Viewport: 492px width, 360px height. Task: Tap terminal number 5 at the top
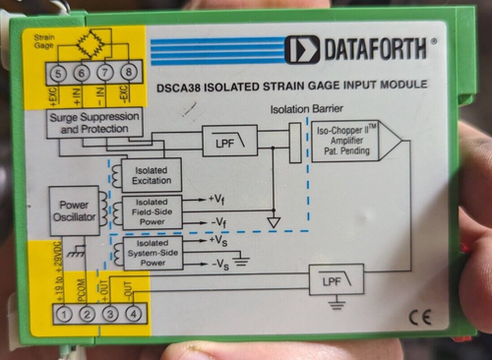[60, 74]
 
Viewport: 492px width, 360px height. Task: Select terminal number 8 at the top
[128, 74]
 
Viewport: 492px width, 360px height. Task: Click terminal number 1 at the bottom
[63, 314]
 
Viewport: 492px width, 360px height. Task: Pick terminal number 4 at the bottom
[133, 314]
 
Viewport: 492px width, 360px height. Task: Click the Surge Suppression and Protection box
[95, 122]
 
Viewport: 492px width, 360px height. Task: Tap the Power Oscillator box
[75, 209]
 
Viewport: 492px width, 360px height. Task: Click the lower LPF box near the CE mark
[337, 282]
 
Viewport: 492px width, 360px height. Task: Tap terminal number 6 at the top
[83, 74]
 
